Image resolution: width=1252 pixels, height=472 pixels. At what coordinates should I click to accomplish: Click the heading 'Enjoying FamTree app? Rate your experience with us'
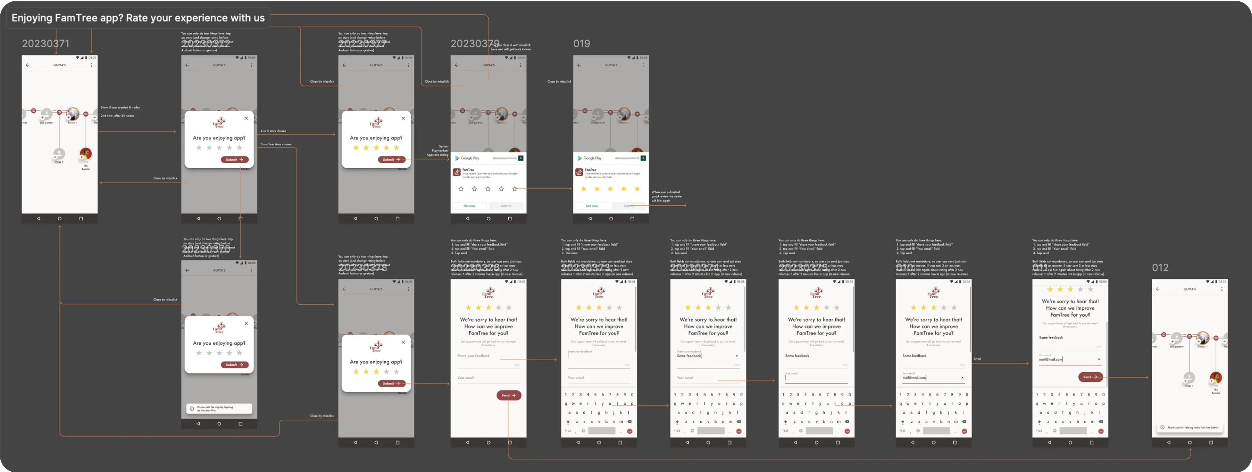pyautogui.click(x=138, y=18)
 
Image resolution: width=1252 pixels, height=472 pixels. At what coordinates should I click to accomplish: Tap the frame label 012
pyautogui.click(x=1160, y=268)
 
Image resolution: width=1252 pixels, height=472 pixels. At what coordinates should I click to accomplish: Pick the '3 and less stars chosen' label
pyautogui.click(x=276, y=144)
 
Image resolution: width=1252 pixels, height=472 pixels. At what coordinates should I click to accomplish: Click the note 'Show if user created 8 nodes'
pyautogui.click(x=120, y=107)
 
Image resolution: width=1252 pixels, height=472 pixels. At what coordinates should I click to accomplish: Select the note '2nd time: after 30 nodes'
pyautogui.click(x=117, y=116)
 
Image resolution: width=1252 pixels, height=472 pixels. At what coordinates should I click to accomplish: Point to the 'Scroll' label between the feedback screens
pyautogui.click(x=977, y=359)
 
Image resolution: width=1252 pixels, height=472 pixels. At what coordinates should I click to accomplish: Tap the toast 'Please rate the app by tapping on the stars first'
pyautogui.click(x=219, y=409)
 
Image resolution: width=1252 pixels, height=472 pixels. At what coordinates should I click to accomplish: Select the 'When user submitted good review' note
pyautogui.click(x=667, y=196)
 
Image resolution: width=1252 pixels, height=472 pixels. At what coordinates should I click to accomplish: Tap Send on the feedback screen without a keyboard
pyautogui.click(x=508, y=395)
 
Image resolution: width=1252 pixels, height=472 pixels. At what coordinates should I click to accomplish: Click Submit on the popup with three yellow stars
pyautogui.click(x=391, y=383)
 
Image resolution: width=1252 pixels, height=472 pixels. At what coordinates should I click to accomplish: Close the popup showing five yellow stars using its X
pyautogui.click(x=403, y=118)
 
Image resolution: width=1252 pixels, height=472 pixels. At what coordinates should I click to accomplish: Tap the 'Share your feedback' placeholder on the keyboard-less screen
pyautogui.click(x=473, y=356)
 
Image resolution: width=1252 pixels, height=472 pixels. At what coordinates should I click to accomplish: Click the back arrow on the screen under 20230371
pyautogui.click(x=28, y=65)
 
